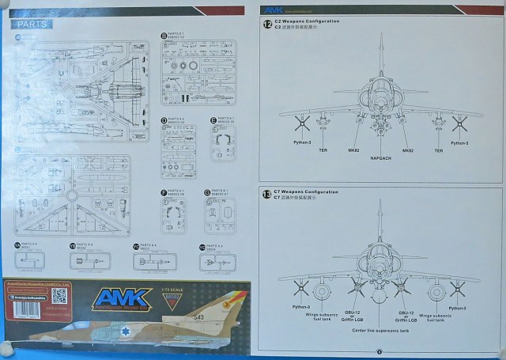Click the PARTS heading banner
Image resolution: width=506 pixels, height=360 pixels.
(33, 25)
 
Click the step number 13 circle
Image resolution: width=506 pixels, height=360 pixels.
(266, 194)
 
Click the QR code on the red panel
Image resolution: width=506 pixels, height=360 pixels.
(59, 295)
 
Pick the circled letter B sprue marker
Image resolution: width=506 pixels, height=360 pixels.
(164, 36)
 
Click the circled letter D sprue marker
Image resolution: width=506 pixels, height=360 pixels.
(164, 120)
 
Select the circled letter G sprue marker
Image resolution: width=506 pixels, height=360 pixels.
(206, 192)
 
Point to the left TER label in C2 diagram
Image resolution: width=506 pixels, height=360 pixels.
(323, 149)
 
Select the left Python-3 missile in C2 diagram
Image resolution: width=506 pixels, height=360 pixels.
(300, 123)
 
